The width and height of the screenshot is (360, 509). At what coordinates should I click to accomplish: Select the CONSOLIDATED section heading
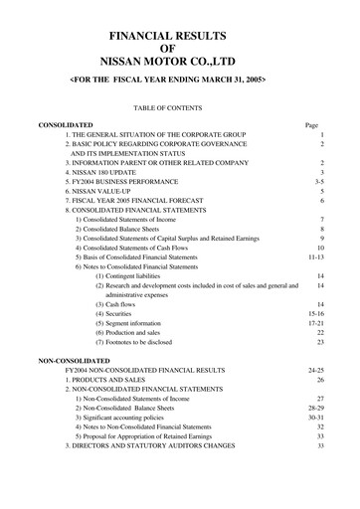(x=65, y=125)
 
